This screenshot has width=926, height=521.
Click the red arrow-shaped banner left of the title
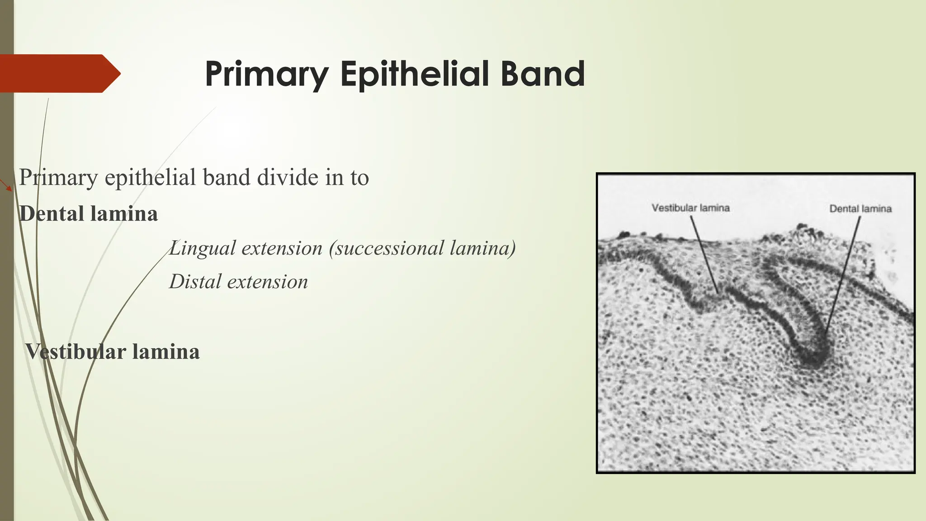coord(59,74)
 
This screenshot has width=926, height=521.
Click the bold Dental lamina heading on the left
coord(89,214)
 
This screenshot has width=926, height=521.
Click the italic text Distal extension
coord(238,282)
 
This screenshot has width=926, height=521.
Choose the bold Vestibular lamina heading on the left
coord(112,352)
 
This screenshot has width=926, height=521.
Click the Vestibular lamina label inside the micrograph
coord(690,208)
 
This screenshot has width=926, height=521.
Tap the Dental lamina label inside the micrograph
coord(860,208)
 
